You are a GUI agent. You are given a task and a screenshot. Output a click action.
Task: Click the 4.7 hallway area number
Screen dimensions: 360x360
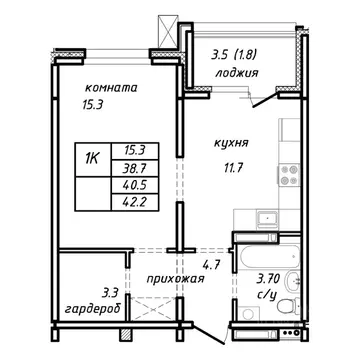(211, 263)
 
